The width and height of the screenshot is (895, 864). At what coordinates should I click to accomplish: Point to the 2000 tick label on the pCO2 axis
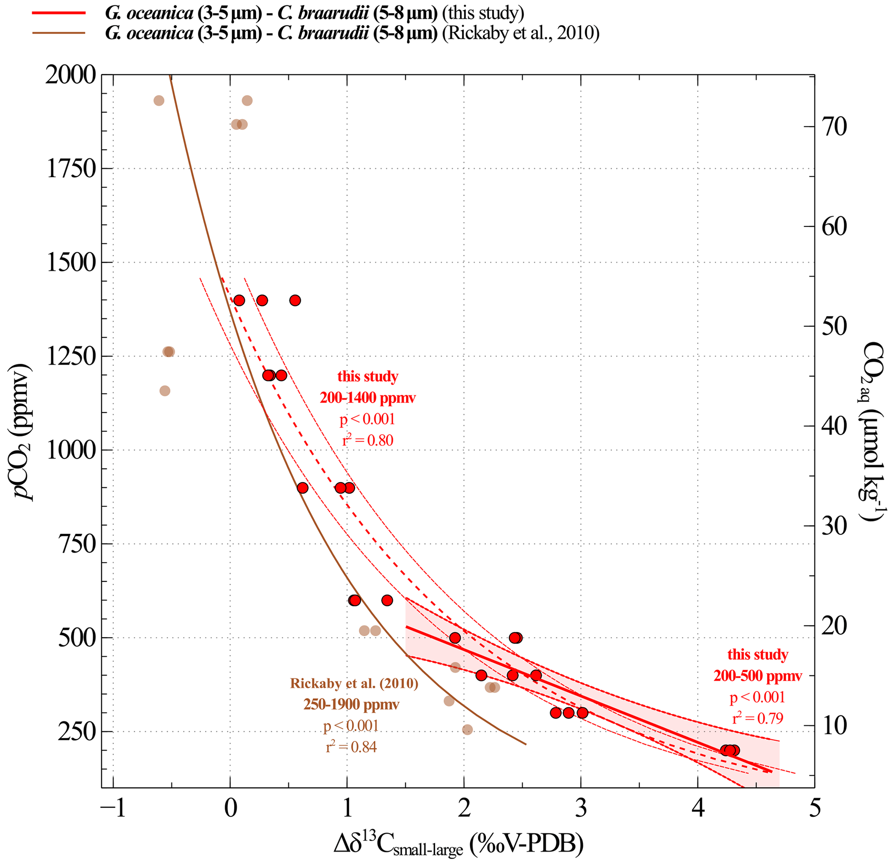tap(71, 75)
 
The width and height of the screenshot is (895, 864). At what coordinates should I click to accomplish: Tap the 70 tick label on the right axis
tap(834, 126)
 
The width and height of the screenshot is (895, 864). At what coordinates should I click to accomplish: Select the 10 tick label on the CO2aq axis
tap(834, 725)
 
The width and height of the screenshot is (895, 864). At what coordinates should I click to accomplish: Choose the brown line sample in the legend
tap(58, 33)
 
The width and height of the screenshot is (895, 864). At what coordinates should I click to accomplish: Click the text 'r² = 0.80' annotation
tap(367, 441)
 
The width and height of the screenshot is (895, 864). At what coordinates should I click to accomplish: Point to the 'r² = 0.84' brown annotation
tap(351, 747)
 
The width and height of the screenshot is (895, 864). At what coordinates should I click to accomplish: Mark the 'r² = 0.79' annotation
tap(758, 719)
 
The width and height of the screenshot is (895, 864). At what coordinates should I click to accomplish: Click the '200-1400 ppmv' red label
tap(367, 398)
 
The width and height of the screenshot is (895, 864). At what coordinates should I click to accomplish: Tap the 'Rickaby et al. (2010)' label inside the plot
tap(354, 683)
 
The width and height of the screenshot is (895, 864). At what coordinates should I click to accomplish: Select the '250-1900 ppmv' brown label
tap(351, 705)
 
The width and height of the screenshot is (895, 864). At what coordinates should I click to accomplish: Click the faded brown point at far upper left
tap(159, 100)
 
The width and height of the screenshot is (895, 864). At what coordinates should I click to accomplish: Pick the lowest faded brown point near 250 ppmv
tap(467, 730)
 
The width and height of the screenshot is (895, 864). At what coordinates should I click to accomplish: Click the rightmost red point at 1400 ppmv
tap(295, 300)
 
